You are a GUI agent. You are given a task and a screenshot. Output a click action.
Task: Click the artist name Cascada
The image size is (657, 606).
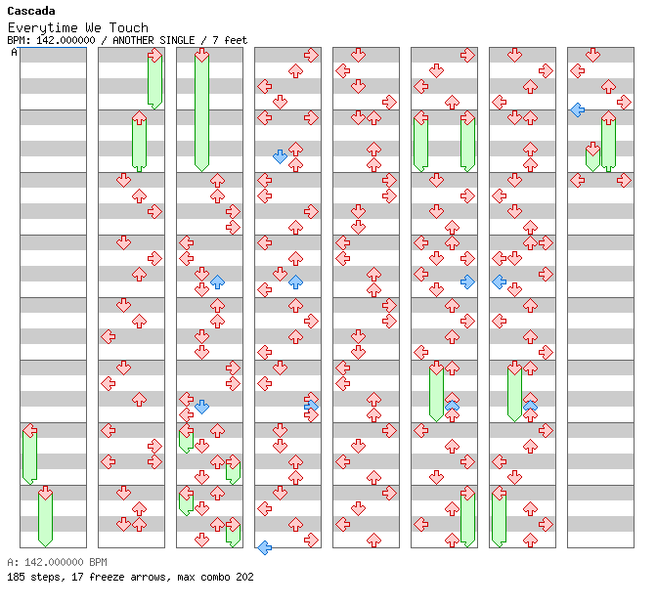pos(31,11)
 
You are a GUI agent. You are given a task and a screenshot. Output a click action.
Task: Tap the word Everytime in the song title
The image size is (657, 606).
pos(42,28)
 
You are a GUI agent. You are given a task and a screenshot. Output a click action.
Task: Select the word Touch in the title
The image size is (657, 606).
pos(129,27)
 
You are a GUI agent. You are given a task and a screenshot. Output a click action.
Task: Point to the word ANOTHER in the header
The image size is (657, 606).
pos(133,40)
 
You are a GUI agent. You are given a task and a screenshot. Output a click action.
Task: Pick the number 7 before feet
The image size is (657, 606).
pos(215,40)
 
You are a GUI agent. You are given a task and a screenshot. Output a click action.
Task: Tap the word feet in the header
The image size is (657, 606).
pos(236,40)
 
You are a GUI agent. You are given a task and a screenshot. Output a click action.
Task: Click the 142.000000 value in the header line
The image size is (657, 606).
pos(66,40)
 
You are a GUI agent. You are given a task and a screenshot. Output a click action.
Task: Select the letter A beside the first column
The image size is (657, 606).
pos(14,53)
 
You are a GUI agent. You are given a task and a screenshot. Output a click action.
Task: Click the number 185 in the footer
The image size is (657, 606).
pos(16,577)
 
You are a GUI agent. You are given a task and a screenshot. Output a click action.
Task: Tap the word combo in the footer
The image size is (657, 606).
pos(215,577)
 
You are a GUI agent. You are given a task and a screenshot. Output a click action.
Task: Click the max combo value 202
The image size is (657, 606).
pos(244,577)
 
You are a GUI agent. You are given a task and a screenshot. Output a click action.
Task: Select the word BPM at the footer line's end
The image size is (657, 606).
pos(98,562)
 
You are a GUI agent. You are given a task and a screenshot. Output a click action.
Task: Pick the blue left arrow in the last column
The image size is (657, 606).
pos(578,110)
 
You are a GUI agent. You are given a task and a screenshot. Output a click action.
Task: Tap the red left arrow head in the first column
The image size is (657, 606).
pos(29,430)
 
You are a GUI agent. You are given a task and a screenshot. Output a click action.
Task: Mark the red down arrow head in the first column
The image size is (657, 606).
pos(45,493)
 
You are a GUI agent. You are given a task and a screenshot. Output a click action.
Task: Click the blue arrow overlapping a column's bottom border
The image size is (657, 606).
pos(264,547)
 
